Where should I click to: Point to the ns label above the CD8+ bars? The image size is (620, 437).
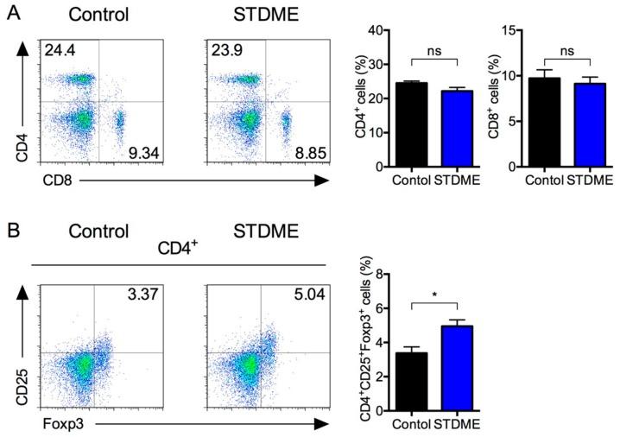click(567, 51)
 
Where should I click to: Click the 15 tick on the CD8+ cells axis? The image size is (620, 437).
click(511, 30)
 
